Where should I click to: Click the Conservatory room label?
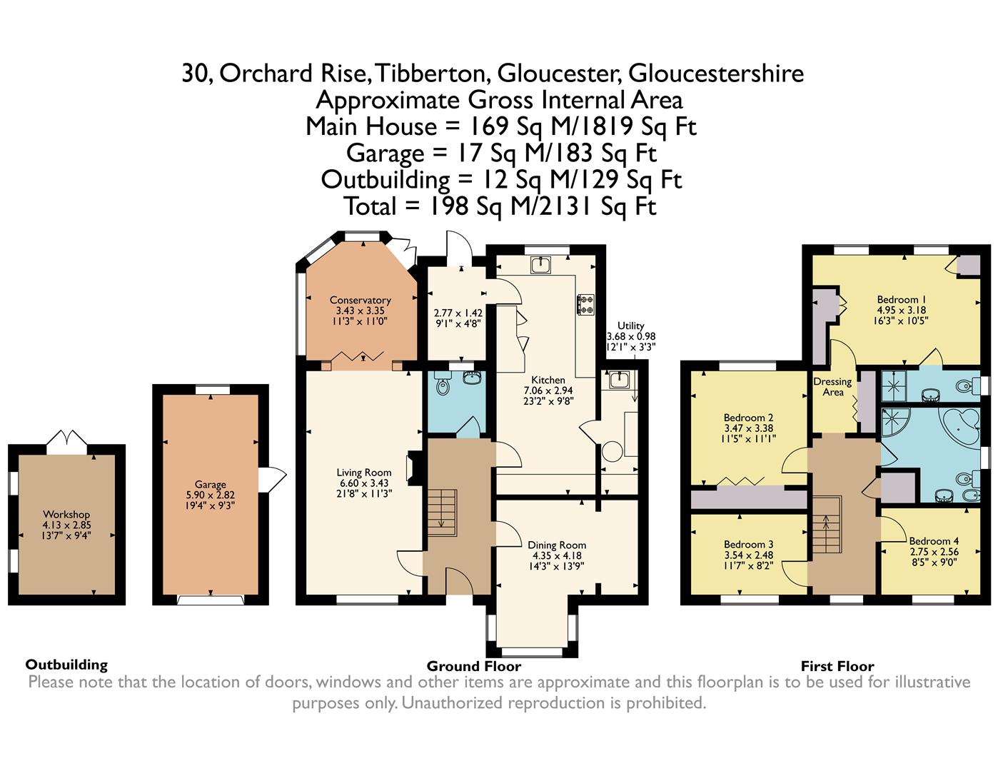coord(360,300)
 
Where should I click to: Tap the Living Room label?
coord(364,473)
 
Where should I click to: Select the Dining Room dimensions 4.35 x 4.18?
coord(557,555)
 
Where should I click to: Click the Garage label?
coord(211,485)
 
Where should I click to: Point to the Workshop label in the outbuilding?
coord(66,514)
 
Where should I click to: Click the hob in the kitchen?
coord(585,304)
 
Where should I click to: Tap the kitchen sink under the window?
coord(541,265)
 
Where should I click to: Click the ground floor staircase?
coord(443,513)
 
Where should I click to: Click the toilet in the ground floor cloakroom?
coord(443,384)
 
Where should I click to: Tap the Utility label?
coord(630,326)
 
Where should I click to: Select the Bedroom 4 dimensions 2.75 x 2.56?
coord(934,552)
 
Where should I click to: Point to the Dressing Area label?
coord(832,387)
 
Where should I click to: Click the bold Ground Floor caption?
coord(474,666)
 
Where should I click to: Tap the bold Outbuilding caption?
coord(66,665)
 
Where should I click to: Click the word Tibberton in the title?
coord(433,74)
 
